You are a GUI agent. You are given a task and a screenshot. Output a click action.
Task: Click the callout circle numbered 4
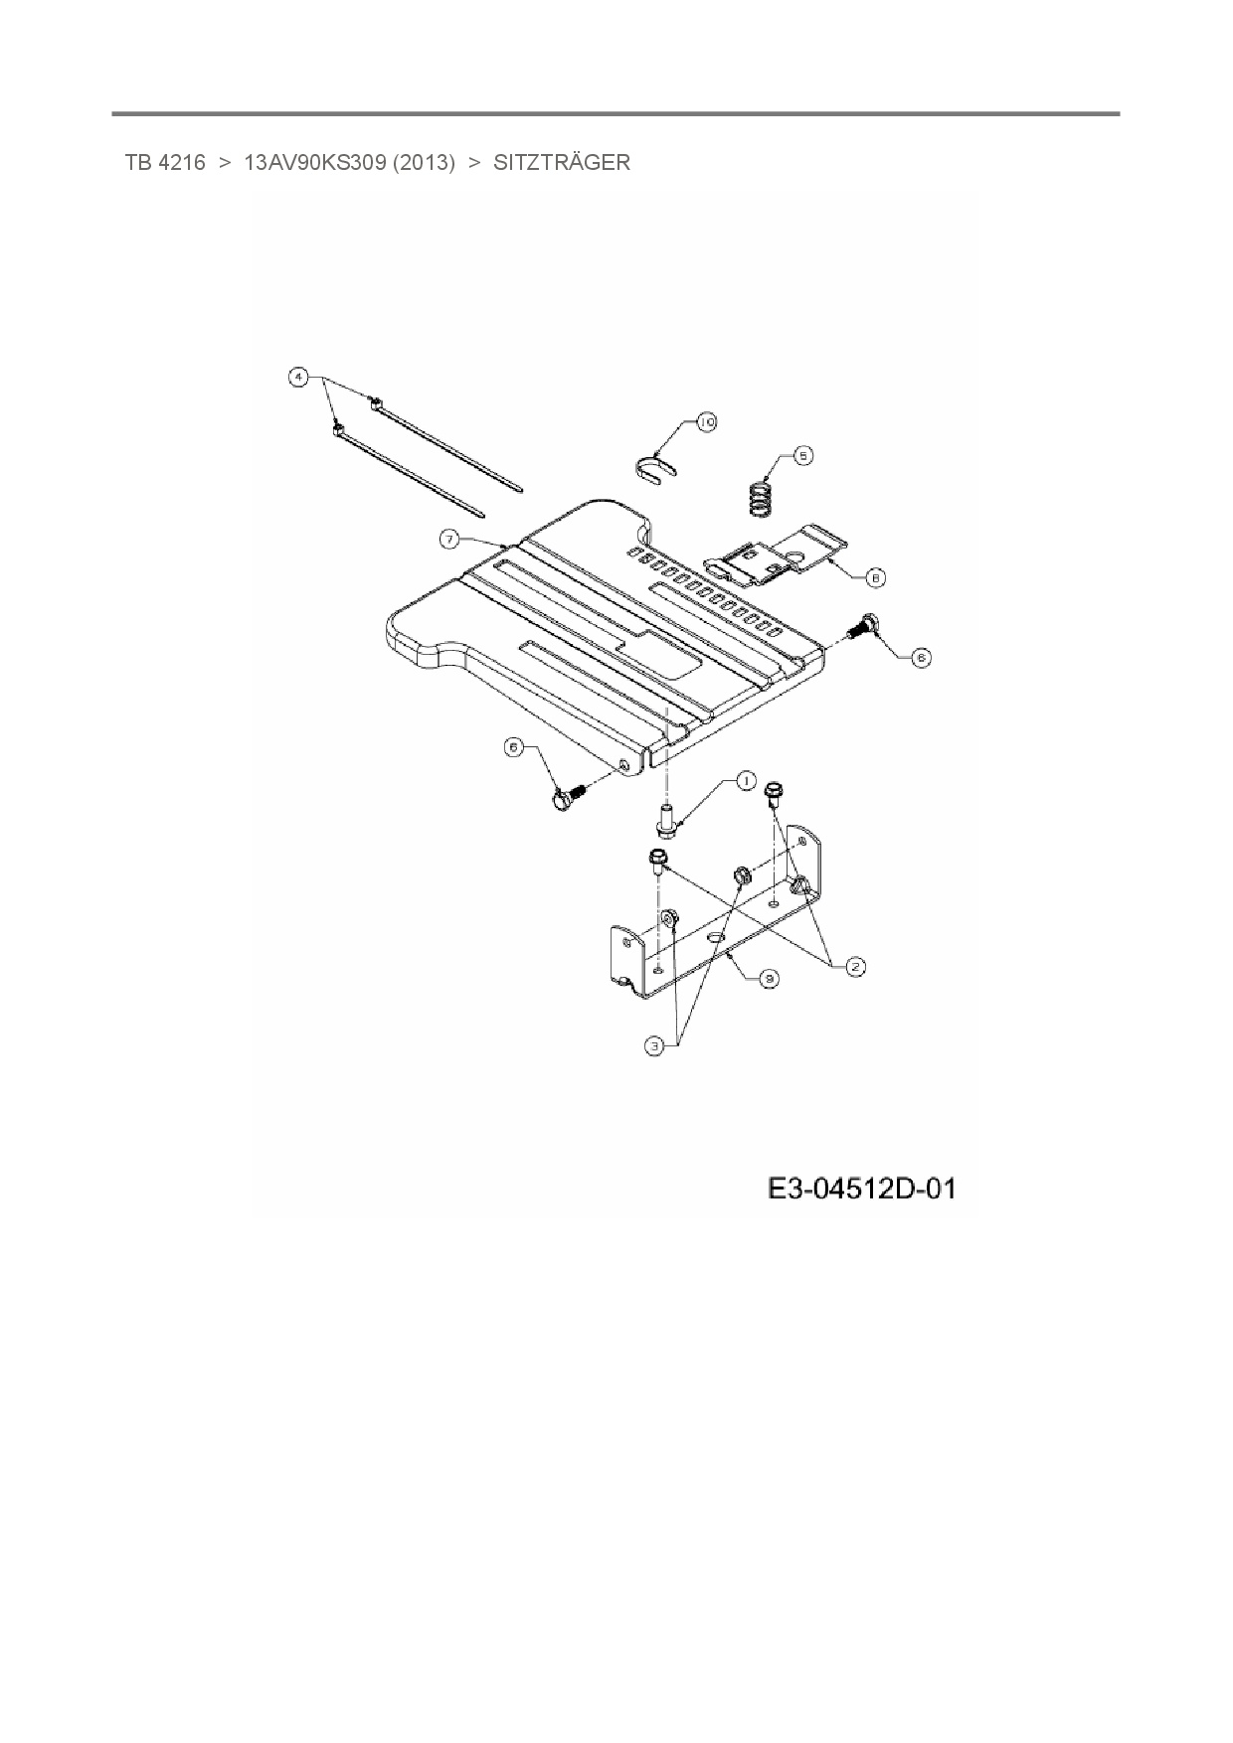click(296, 377)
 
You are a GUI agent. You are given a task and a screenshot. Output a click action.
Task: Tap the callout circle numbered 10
click(706, 422)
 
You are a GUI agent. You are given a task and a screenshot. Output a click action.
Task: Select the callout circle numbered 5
click(802, 455)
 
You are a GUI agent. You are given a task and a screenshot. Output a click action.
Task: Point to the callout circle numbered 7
click(450, 539)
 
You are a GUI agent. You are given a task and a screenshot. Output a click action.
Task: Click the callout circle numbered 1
click(746, 781)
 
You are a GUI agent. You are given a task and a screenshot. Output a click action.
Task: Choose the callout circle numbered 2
click(855, 964)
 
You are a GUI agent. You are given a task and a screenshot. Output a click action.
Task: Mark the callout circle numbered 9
click(768, 978)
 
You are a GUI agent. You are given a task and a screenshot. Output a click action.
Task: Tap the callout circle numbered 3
click(654, 1045)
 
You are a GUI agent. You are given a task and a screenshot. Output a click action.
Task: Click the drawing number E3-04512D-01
click(861, 1188)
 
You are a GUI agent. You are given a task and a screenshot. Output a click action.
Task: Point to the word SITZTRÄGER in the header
click(562, 163)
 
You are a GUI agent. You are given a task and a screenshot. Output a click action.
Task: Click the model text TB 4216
click(165, 163)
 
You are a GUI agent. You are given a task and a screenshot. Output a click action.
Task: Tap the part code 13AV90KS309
click(314, 163)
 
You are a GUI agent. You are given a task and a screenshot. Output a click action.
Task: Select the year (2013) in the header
click(424, 163)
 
